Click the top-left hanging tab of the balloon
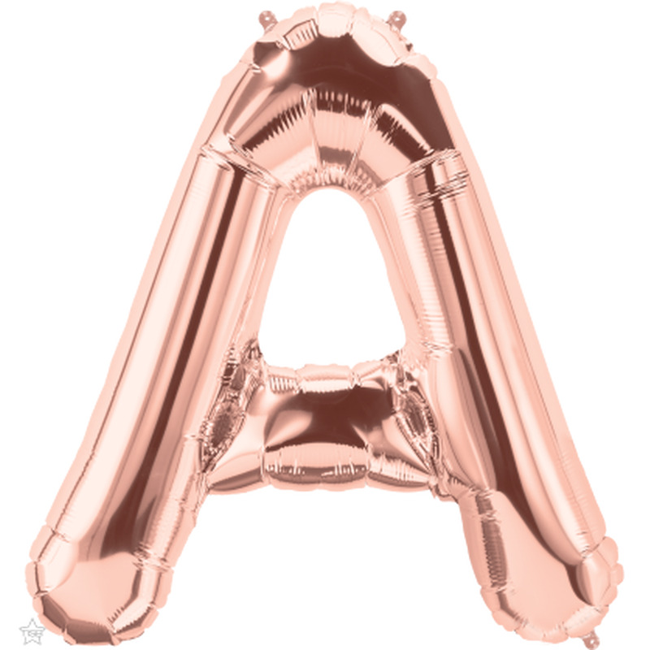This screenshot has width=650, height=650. [266, 19]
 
